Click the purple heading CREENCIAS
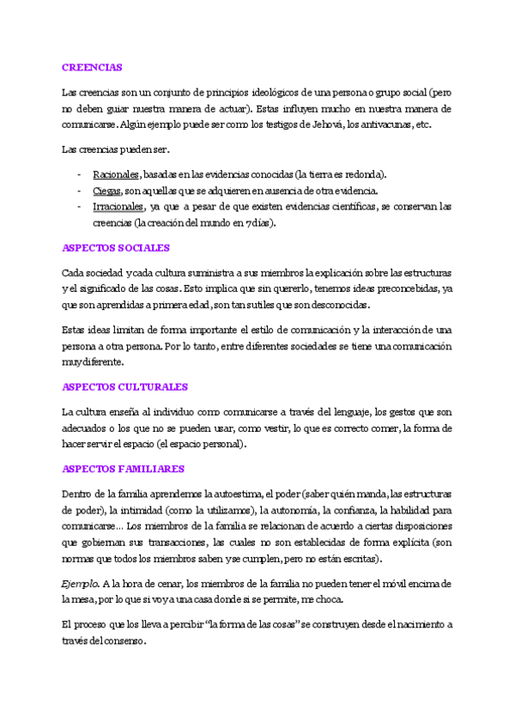point(92,66)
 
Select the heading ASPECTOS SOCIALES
point(116,247)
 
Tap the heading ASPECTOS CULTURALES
point(125,387)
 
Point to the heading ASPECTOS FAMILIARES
point(124,469)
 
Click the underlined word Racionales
point(117,173)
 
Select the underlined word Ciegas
point(106,190)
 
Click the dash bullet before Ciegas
point(79,190)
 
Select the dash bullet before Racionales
point(79,173)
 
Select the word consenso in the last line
point(121,640)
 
